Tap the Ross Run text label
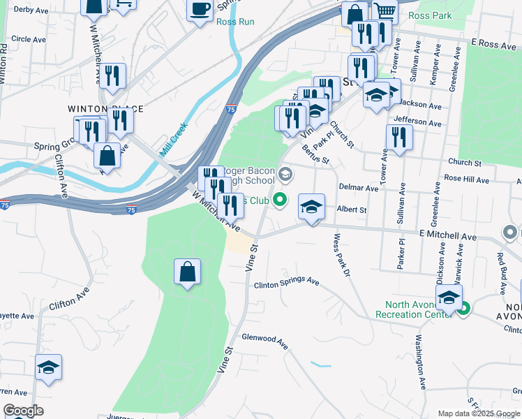point(235,22)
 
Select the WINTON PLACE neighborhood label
point(105,109)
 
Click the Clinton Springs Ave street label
point(286,283)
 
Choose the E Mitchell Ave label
point(447,237)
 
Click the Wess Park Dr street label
point(341,255)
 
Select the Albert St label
point(352,209)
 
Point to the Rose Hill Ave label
point(468,179)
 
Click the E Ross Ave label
point(493,43)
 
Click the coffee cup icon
point(200,9)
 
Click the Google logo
point(23,411)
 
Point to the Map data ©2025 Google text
point(478,413)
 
